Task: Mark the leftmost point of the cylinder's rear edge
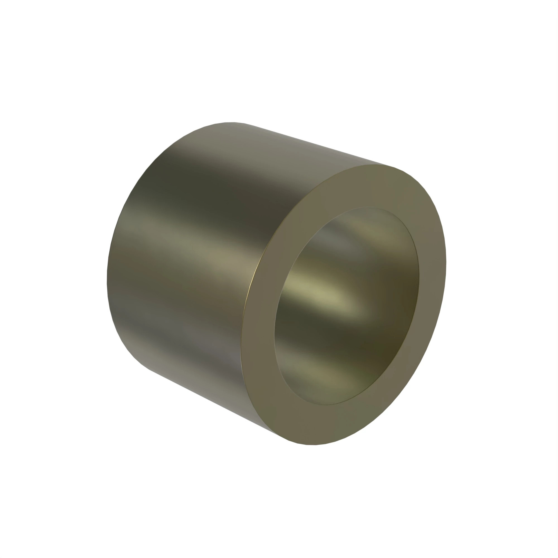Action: click(x=107, y=282)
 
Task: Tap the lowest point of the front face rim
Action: click(x=312, y=445)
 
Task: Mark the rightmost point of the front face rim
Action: click(x=446, y=263)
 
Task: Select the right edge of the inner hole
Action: click(x=419, y=277)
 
